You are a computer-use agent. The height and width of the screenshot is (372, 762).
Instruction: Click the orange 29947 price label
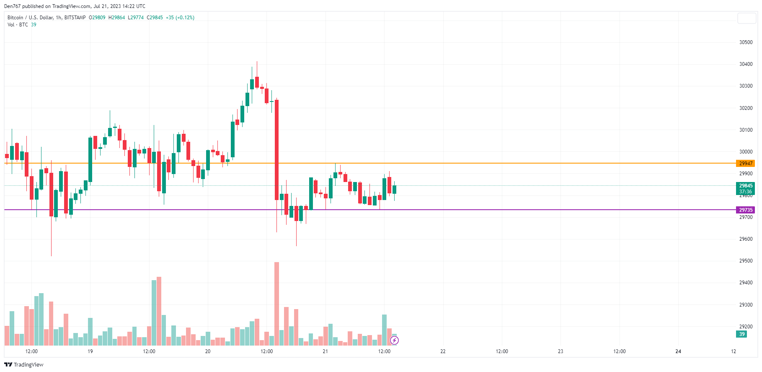pos(745,164)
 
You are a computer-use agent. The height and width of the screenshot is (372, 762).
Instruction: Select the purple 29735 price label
pos(745,210)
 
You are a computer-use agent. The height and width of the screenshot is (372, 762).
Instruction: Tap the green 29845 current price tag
pos(745,186)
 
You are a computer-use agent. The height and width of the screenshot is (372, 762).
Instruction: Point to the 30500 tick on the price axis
pos(746,42)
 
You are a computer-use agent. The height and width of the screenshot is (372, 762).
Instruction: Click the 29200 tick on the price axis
pos(746,327)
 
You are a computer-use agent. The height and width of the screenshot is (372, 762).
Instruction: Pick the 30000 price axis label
pos(746,152)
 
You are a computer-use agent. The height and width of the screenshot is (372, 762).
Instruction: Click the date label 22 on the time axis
pos(443,351)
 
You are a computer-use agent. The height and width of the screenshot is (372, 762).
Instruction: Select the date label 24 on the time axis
pos(678,351)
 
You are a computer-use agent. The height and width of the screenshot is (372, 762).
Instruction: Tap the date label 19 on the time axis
pos(90,351)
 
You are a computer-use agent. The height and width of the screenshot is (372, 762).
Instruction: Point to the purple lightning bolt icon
pos(394,340)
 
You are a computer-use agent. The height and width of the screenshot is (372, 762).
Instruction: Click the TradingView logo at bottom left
pos(24,364)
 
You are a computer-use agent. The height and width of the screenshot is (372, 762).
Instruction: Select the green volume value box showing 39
pos(742,334)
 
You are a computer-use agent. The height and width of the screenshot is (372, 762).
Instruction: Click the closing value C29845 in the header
pos(155,18)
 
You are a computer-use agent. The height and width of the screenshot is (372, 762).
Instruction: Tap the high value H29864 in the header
pos(116,18)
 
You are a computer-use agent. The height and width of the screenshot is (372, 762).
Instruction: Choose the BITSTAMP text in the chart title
pos(75,18)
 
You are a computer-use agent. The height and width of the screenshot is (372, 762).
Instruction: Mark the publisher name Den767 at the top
pos(12,6)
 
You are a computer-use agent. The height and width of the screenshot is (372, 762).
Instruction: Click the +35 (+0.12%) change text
pos(180,18)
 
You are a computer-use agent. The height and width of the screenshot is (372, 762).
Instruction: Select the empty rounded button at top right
pos(747,18)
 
